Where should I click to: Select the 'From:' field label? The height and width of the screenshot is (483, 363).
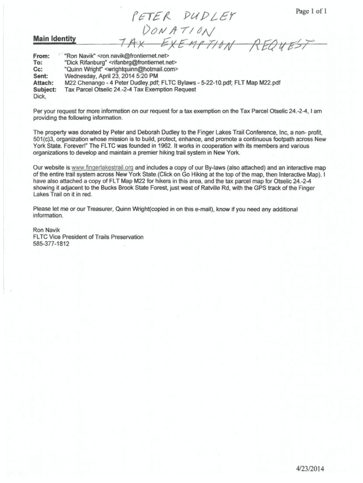(41, 56)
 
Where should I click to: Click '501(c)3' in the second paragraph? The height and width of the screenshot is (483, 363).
(45, 140)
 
